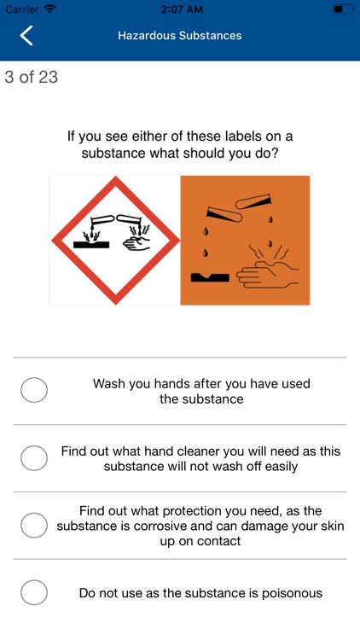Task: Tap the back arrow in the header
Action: click(x=27, y=36)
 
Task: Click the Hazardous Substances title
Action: click(x=179, y=36)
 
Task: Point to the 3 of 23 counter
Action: click(x=32, y=78)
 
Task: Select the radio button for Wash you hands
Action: click(x=34, y=391)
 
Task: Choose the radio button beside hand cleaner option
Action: click(x=34, y=458)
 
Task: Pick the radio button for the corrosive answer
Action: click(x=34, y=526)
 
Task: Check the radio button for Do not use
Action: click(x=34, y=592)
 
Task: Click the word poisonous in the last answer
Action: click(x=291, y=592)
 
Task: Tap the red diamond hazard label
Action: click(x=115, y=240)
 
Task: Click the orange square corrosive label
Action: click(x=245, y=240)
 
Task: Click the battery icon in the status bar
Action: click(x=341, y=9)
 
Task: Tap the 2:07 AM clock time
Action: click(x=179, y=9)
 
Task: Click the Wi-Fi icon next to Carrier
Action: click(x=49, y=9)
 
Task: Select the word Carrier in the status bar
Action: click(x=21, y=9)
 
